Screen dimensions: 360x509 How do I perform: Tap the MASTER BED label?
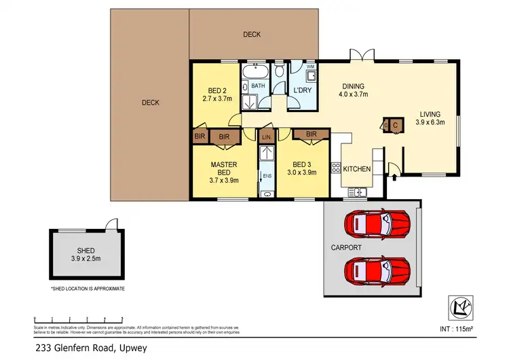223,169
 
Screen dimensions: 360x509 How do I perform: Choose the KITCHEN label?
356,168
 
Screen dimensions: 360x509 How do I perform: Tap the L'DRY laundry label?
302,90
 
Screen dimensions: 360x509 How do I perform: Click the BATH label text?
259,86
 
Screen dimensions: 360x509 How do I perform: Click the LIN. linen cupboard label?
267,138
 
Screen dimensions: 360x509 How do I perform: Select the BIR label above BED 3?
312,134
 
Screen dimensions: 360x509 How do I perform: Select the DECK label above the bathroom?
252,35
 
